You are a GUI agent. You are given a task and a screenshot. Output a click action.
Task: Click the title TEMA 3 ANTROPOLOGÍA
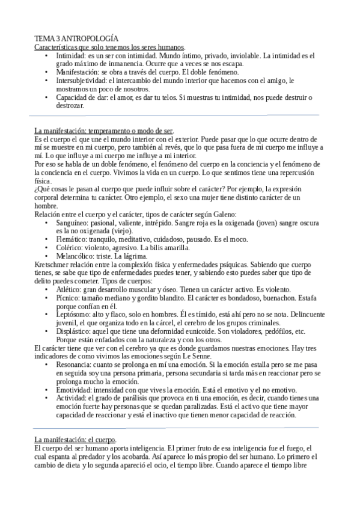[76, 37]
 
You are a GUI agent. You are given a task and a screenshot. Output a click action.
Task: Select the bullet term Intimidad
[70, 55]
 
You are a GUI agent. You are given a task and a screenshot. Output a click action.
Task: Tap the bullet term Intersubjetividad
[80, 80]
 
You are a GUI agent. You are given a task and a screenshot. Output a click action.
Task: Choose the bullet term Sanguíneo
[73, 222]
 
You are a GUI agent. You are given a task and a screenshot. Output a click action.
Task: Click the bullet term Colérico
[69, 247]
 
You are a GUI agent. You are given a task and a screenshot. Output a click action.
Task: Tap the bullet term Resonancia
[74, 364]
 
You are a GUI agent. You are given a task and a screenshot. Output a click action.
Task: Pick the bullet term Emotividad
[74, 390]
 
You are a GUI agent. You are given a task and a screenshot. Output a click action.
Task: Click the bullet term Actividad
[71, 398]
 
